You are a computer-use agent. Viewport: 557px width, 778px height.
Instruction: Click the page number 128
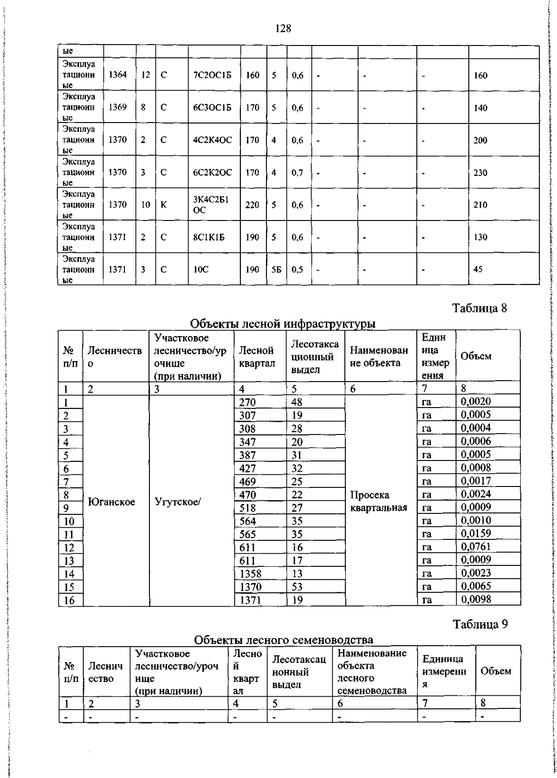pos(283,29)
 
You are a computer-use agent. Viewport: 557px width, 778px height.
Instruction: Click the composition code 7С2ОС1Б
pos(212,75)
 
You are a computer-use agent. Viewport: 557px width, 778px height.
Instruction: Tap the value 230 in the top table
pos(480,173)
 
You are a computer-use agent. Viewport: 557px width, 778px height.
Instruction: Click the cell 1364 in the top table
pos(117,75)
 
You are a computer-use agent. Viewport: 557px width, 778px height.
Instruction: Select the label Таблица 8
pos(480,308)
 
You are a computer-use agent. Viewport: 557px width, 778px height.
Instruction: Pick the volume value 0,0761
pos(476,547)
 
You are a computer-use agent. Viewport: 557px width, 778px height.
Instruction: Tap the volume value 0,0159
pos(476,534)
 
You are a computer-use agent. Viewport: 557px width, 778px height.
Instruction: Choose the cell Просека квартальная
pos(378,501)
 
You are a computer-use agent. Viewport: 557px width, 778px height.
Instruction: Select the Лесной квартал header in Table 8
pos(257,357)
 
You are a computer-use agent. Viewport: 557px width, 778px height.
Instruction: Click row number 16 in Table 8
pos(69,600)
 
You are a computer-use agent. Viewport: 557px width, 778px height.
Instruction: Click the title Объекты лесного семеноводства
pos(283,640)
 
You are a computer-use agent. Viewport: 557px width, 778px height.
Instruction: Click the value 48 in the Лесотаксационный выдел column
pos(297,402)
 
